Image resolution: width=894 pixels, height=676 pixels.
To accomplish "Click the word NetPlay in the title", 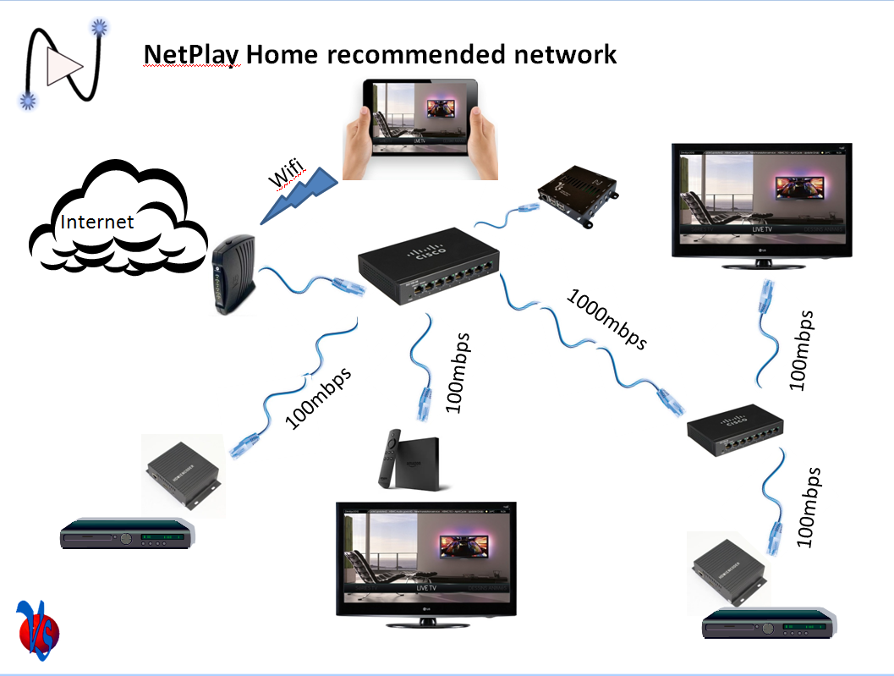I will pos(191,55).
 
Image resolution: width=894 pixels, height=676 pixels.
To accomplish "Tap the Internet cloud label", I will pos(96,222).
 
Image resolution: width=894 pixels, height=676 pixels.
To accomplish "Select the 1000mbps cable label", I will pos(607,320).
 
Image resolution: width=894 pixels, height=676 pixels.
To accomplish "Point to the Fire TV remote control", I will pos(388,457).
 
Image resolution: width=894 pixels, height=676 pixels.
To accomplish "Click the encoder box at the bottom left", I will pos(184,475).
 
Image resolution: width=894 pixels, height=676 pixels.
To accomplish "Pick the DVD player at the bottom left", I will pos(127,536).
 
